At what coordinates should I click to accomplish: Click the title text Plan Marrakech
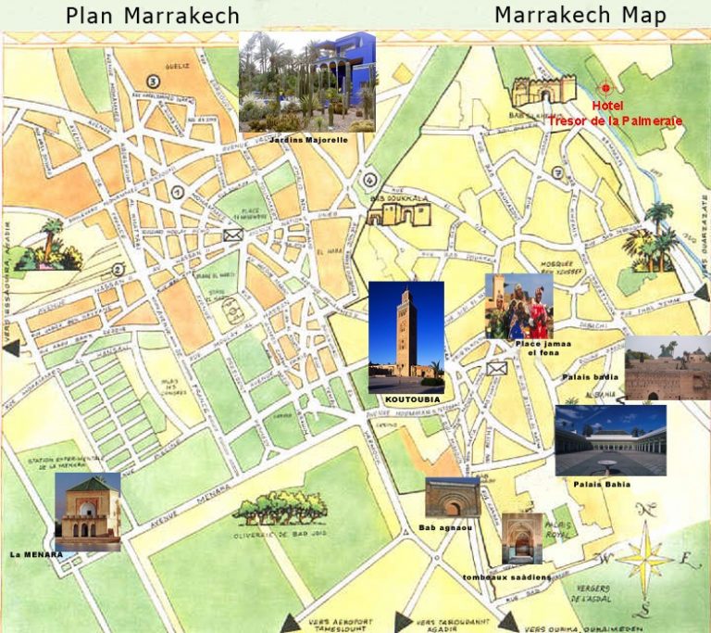(x=152, y=16)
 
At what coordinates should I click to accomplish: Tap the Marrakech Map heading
(x=580, y=15)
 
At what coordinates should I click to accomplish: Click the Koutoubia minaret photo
(x=405, y=337)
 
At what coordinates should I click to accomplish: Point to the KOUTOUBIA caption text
(x=406, y=399)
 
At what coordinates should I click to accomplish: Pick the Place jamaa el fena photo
(x=518, y=306)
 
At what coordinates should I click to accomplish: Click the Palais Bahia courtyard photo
(x=610, y=439)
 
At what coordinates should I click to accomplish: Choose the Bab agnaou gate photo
(x=453, y=498)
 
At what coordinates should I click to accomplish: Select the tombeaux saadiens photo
(x=521, y=538)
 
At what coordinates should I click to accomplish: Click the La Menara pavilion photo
(x=87, y=511)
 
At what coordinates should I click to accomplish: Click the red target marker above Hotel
(x=605, y=89)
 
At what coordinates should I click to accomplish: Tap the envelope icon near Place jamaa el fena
(x=497, y=368)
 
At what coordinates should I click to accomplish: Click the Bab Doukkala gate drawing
(x=398, y=212)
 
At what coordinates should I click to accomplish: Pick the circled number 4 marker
(x=370, y=180)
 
